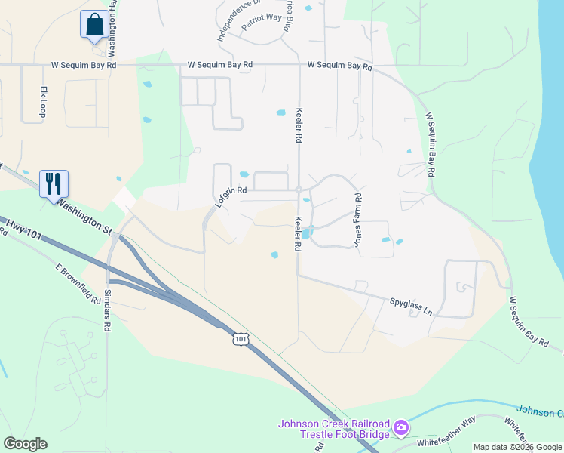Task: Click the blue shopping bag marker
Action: pyautogui.click(x=93, y=24)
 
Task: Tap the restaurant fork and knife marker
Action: pyautogui.click(x=54, y=183)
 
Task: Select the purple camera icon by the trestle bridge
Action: pyautogui.click(x=401, y=429)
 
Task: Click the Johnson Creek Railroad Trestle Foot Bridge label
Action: pyautogui.click(x=334, y=429)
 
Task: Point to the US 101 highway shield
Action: pyautogui.click(x=240, y=339)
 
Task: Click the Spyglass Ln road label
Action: pyautogui.click(x=411, y=307)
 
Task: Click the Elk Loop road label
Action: pyautogui.click(x=44, y=100)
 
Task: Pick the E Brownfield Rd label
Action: pyautogui.click(x=78, y=283)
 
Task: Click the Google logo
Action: pyautogui.click(x=25, y=444)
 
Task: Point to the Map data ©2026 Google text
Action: pyautogui.click(x=517, y=447)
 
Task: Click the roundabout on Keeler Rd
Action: pyautogui.click(x=299, y=189)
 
